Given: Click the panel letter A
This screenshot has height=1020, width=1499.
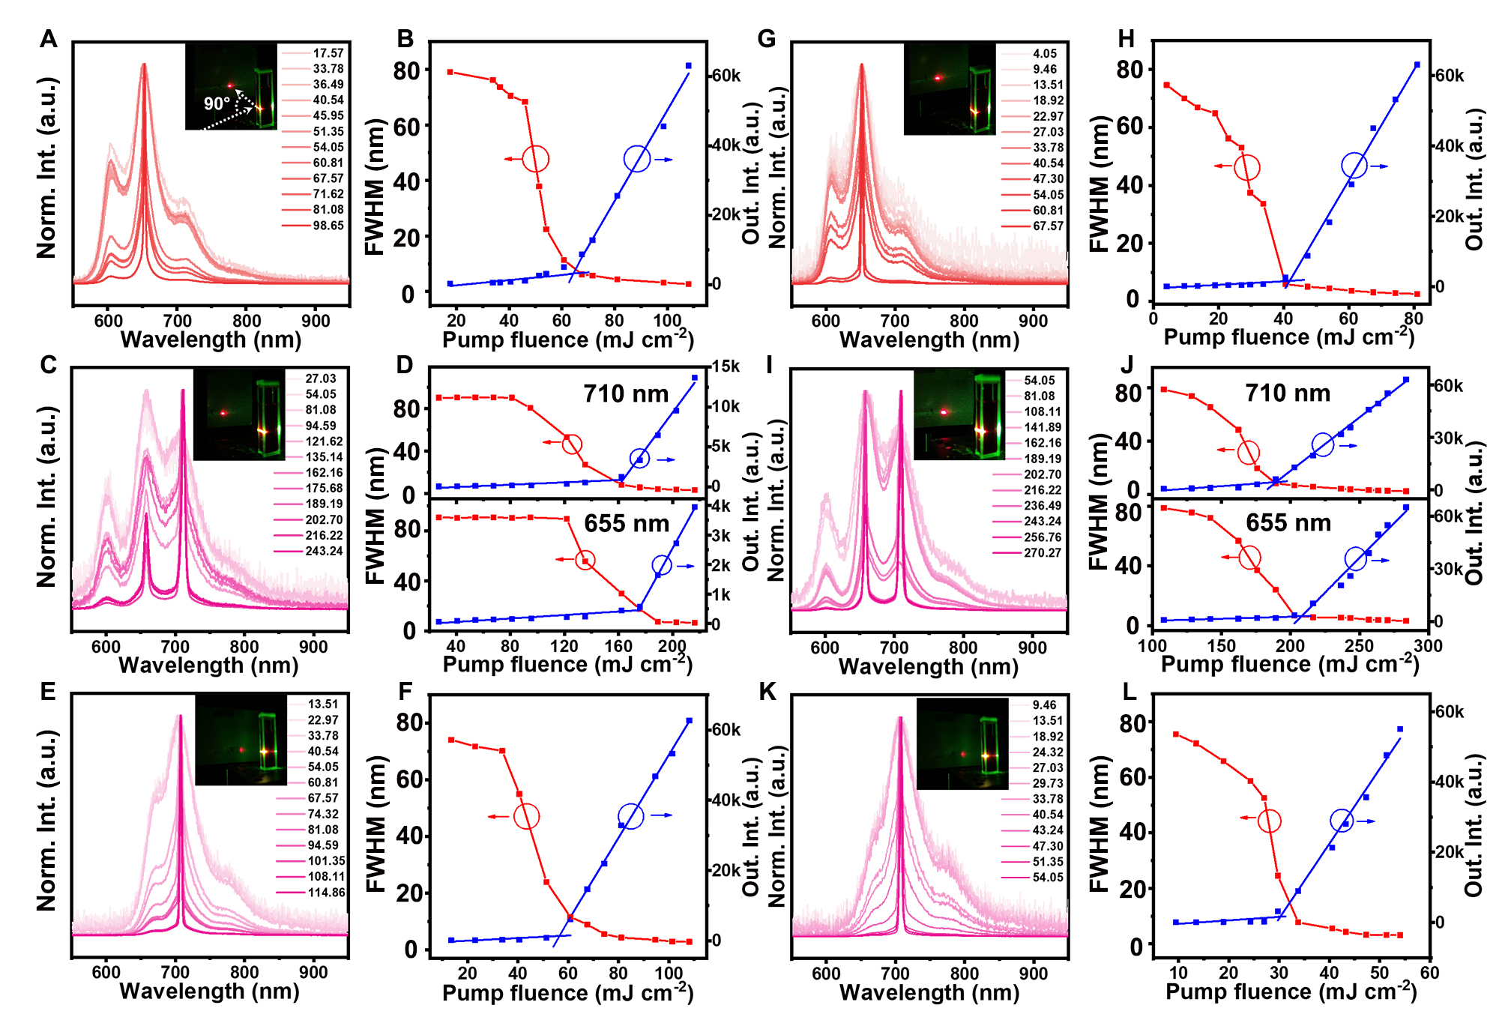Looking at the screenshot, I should pos(49,39).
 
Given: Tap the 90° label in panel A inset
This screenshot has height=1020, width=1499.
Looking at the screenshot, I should pos(217,103).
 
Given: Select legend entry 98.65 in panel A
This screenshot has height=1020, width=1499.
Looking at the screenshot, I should pos(328,226).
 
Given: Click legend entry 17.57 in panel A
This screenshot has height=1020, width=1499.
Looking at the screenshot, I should pos(328,53).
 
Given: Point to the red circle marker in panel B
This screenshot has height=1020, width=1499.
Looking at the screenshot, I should pos(536,159).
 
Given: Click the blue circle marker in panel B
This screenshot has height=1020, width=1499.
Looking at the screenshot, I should pos(636,159).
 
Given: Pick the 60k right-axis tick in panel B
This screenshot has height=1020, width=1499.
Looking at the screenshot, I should pos(726,76).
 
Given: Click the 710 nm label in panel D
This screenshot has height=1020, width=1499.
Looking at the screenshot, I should pos(626,393).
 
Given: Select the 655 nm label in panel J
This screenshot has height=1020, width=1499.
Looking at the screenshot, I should pos(1288,522).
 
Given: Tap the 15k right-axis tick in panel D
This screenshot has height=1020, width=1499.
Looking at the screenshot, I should pos(726,366).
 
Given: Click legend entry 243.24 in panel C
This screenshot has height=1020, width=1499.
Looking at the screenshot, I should pos(324,551).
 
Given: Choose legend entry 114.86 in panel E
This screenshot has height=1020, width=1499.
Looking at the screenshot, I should pos(326,893).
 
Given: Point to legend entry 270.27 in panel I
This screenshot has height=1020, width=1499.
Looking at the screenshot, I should pos(1043,553).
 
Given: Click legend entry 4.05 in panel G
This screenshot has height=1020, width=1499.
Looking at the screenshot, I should pos(1045,54).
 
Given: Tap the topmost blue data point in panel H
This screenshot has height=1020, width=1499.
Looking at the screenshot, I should pos(1417,65).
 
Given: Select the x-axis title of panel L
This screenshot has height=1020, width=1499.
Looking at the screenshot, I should pos(1291,992).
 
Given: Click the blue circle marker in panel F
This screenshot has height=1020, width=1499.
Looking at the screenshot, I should pos(631,816).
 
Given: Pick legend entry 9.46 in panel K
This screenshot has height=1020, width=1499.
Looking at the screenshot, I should pos(1044,705).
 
